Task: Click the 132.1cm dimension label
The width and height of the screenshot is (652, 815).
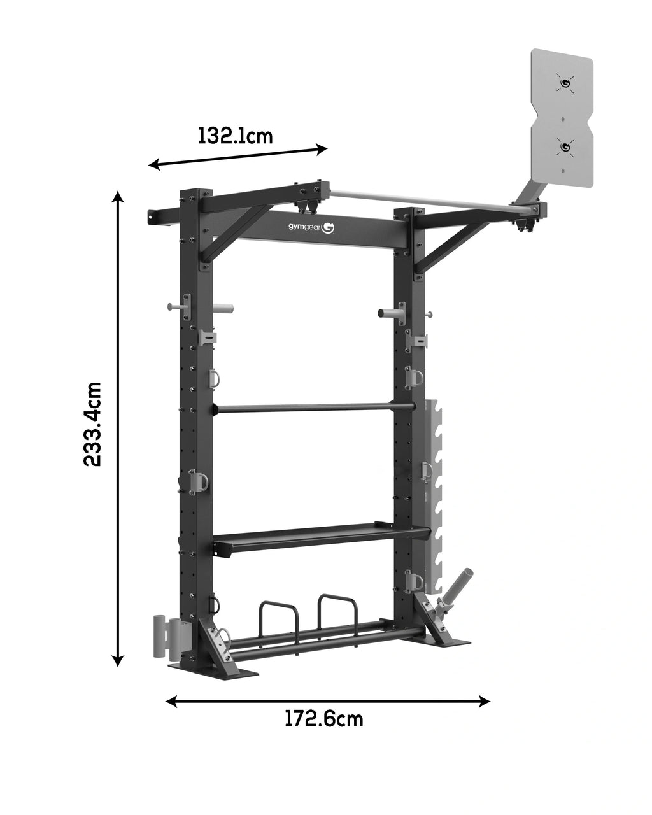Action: (236, 136)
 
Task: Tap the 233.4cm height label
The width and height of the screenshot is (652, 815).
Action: (93, 425)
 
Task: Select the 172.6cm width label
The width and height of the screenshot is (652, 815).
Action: (323, 719)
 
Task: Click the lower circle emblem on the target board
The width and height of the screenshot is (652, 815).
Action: (563, 147)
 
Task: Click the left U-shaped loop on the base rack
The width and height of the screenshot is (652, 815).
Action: (278, 614)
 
